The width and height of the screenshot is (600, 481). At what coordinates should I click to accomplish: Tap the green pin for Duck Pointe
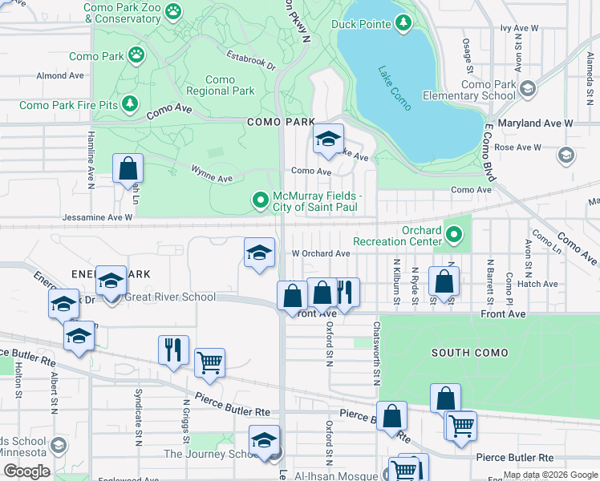[403, 24]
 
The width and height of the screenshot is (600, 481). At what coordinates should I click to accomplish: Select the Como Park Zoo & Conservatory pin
[173, 11]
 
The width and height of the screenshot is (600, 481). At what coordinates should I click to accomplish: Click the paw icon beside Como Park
[139, 56]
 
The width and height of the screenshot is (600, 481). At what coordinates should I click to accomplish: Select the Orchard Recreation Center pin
[454, 236]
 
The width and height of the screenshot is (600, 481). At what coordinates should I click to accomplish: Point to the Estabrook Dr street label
[250, 61]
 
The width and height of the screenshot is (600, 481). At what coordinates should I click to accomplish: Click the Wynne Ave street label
[211, 172]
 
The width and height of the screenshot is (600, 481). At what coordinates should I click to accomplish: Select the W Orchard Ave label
[320, 253]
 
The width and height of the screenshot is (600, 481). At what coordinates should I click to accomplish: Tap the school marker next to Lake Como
[327, 139]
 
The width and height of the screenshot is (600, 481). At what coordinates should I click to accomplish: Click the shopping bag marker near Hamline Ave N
[128, 168]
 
